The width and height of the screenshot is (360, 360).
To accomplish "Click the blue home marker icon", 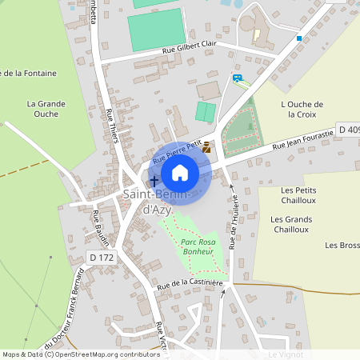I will pos(180,172).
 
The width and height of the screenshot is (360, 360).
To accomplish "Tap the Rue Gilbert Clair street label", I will pos(189,50).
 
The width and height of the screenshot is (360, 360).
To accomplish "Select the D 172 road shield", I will pos(102,257).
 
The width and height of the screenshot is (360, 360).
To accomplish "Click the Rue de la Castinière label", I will pos(190,282).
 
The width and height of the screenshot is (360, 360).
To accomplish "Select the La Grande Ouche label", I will pos(46,108).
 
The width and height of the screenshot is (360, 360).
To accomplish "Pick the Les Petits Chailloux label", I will pos(298,195).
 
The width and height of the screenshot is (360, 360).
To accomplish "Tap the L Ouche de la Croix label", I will pos(302,110).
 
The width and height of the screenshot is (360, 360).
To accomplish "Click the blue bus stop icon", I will pos(238,78).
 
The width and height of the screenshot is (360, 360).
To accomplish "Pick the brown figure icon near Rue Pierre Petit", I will pos(207,147).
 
